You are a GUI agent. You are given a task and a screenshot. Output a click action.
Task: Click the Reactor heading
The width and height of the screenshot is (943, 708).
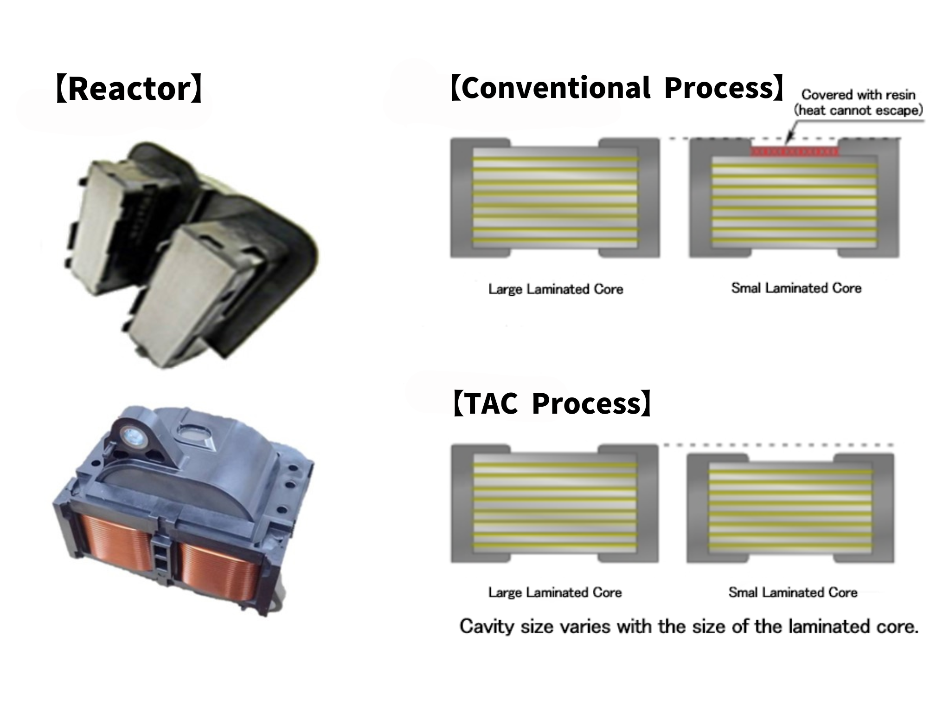pos(129,88)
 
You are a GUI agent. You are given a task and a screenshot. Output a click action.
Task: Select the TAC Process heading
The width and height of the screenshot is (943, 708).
pos(552,403)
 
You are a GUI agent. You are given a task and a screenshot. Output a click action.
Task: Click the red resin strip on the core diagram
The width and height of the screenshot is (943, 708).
pos(795,151)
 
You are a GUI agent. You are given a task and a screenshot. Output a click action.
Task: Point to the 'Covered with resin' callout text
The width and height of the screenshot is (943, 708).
pos(858,95)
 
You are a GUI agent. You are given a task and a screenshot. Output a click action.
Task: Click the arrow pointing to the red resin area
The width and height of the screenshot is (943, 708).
pos(792,131)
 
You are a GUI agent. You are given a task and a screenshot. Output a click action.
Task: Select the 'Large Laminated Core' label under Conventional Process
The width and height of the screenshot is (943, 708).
pos(555,289)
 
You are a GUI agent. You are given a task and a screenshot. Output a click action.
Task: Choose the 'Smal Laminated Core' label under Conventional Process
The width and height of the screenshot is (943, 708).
pos(796,288)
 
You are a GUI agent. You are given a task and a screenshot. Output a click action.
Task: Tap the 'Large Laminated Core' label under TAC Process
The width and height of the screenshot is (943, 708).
pos(555,592)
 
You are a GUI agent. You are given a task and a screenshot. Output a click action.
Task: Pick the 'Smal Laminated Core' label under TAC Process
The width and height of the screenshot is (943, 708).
pos(793,592)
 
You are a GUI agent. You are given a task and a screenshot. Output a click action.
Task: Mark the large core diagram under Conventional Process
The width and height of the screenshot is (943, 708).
pos(555,198)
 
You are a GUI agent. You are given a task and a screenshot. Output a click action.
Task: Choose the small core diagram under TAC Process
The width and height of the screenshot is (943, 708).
pos(790,508)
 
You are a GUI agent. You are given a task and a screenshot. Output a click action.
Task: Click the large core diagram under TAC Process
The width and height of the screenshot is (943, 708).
pos(555,503)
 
